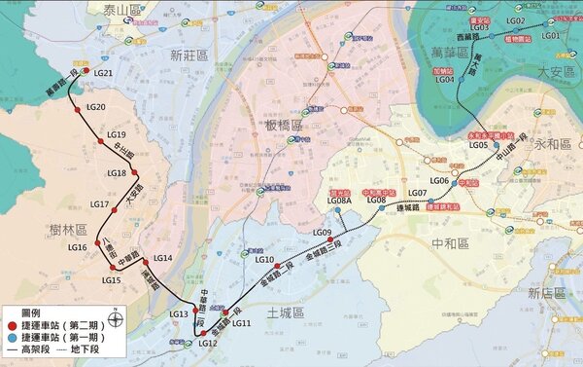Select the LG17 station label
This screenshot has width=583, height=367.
pos(98,204)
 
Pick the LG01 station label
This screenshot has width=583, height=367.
pos(551,35)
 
